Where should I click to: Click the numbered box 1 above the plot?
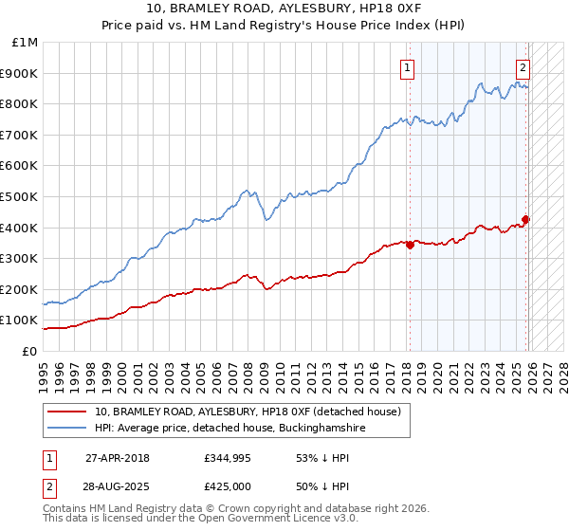[x=407, y=66]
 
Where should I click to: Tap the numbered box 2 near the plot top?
[x=523, y=66]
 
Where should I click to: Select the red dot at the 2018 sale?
[x=410, y=245]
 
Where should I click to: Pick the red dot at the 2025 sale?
[x=526, y=220]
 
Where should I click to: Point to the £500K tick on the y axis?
[x=21, y=196]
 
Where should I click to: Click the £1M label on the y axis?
[x=26, y=43]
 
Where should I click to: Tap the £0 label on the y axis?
[x=30, y=351]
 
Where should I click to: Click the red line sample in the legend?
[x=66, y=412]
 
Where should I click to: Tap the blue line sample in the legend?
[x=66, y=428]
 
